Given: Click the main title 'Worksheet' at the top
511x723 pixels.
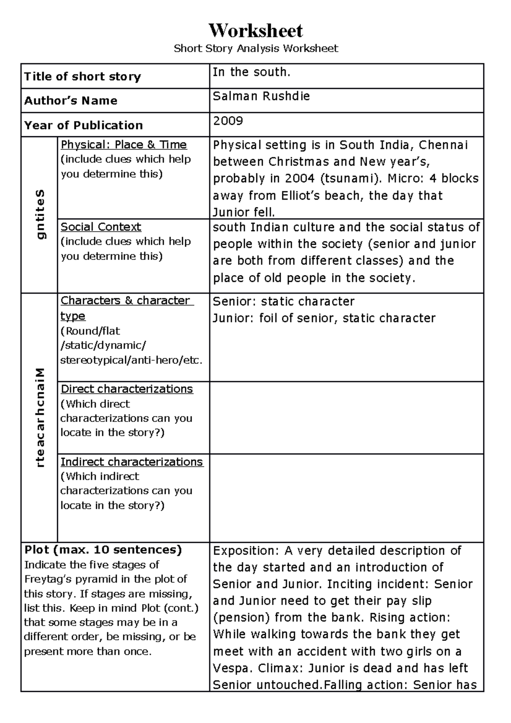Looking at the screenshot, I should coord(255,30).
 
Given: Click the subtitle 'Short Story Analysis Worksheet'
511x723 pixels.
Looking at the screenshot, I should coord(255,48).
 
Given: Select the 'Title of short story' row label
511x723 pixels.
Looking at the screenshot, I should coord(82,77).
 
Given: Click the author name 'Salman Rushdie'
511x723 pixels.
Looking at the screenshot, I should coord(261,96).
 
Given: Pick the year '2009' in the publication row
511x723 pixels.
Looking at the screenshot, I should coord(228,121).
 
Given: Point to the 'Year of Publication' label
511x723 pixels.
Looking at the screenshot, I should coord(83,125).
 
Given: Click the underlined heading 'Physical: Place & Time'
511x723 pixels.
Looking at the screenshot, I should coord(123,145).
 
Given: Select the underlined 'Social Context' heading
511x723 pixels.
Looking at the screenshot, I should coord(101,227).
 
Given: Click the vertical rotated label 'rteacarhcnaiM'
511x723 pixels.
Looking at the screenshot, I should coord(40,418).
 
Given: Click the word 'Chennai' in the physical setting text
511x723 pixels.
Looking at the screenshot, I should coord(443,145).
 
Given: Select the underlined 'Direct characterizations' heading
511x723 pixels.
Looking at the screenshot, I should coord(126,389).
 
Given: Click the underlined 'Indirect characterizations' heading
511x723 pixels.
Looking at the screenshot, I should coord(132,462).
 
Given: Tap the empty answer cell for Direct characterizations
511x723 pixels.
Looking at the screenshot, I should coord(346,417).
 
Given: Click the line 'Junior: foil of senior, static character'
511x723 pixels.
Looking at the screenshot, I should coord(324,318).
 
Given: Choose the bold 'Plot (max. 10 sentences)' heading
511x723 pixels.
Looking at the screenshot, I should coord(103,550).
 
